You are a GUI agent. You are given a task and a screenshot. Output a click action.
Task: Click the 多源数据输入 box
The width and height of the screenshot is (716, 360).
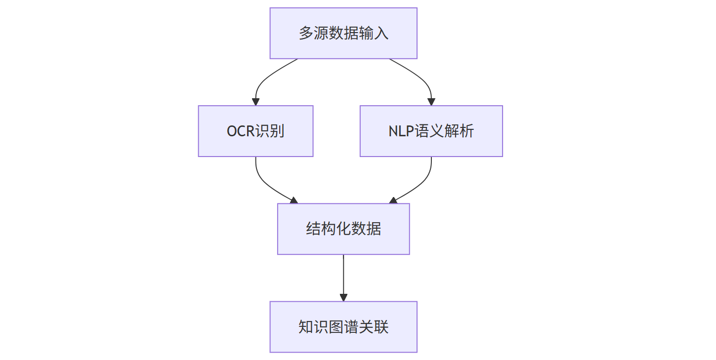click(x=343, y=33)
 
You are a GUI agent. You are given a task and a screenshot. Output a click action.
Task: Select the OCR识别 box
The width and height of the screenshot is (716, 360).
click(x=256, y=131)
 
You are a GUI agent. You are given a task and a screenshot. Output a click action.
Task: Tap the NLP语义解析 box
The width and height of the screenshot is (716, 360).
click(x=431, y=131)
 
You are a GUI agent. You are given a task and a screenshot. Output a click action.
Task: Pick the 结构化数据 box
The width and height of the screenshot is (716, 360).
click(x=343, y=229)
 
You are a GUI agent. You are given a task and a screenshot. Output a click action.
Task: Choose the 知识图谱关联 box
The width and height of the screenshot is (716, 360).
click(x=343, y=327)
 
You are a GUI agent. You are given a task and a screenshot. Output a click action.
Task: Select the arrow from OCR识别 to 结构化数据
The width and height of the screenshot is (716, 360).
click(x=265, y=185)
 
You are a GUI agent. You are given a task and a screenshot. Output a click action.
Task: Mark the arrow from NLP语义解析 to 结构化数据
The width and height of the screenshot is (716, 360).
click(x=421, y=185)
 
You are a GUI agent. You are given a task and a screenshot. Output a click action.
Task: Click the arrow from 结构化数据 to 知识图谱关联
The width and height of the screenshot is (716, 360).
click(x=343, y=278)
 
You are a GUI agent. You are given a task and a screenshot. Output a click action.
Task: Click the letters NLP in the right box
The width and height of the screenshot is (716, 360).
click(x=401, y=131)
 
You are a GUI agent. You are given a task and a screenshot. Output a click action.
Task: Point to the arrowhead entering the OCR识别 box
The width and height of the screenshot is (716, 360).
click(x=256, y=102)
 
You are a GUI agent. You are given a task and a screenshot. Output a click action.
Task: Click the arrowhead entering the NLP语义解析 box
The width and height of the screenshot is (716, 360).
click(x=431, y=102)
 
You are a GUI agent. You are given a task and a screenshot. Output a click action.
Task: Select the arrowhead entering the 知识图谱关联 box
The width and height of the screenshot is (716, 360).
click(x=343, y=298)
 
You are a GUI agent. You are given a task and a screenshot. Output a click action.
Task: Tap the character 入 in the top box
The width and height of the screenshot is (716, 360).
click(x=381, y=33)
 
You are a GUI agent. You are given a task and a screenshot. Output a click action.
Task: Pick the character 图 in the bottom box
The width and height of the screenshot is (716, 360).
click(x=336, y=327)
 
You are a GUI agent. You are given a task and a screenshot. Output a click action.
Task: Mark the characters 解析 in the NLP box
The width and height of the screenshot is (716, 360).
click(x=459, y=131)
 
